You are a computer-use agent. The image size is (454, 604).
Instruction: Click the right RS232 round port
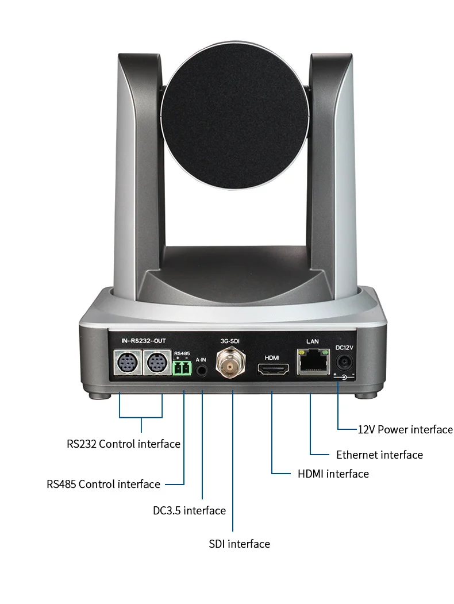tap(156, 363)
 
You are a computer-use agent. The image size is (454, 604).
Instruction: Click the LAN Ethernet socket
tap(312, 362)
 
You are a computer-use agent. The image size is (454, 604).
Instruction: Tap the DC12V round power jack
tap(345, 363)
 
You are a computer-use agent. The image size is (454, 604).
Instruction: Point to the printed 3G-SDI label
tap(230, 341)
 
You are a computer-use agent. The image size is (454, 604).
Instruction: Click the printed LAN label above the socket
tap(312, 341)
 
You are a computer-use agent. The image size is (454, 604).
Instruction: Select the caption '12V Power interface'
tap(405, 430)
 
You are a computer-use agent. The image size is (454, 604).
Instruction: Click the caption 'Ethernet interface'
tap(379, 455)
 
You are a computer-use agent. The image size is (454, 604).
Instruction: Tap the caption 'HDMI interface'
tap(333, 474)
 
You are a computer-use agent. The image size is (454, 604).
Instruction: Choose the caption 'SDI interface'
tap(239, 544)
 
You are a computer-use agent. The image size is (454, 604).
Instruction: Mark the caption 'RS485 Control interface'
tap(103, 484)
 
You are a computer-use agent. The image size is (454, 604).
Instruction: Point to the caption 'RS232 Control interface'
tap(124, 444)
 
